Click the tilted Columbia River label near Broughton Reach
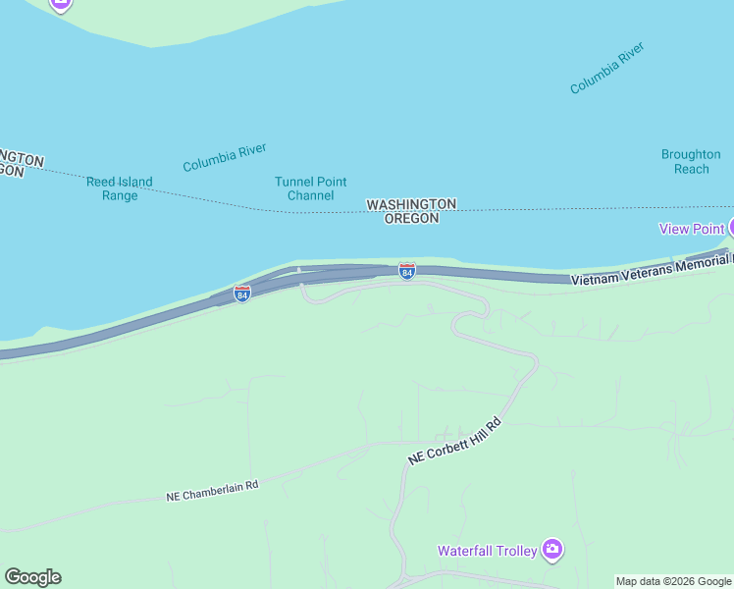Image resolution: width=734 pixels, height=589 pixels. click(x=607, y=68)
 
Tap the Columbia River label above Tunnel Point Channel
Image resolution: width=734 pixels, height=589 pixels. click(x=225, y=157)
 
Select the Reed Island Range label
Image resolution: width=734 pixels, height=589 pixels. click(x=120, y=188)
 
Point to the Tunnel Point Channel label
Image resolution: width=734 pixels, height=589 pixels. click(x=310, y=188)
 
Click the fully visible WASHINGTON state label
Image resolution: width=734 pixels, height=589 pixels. click(x=411, y=204)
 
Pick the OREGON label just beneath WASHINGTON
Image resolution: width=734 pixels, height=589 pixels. click(x=411, y=219)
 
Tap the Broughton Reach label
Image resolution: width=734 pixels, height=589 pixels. click(x=691, y=162)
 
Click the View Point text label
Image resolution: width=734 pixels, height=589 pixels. click(x=691, y=229)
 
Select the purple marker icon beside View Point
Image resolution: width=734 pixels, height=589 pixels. click(x=730, y=228)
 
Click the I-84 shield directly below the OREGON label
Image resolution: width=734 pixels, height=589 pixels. click(x=406, y=270)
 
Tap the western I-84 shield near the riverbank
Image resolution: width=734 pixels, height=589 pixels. click(x=241, y=294)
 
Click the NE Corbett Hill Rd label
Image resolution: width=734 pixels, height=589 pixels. click(x=455, y=443)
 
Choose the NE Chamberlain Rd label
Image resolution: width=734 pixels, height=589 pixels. click(x=211, y=493)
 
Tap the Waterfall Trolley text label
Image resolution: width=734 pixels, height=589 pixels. click(x=488, y=551)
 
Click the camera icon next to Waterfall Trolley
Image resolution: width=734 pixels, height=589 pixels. click(x=552, y=549)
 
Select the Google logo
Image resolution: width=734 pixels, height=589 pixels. click(x=32, y=577)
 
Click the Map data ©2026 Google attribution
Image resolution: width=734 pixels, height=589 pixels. click(x=673, y=581)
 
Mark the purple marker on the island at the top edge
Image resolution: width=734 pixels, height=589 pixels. click(x=61, y=3)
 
